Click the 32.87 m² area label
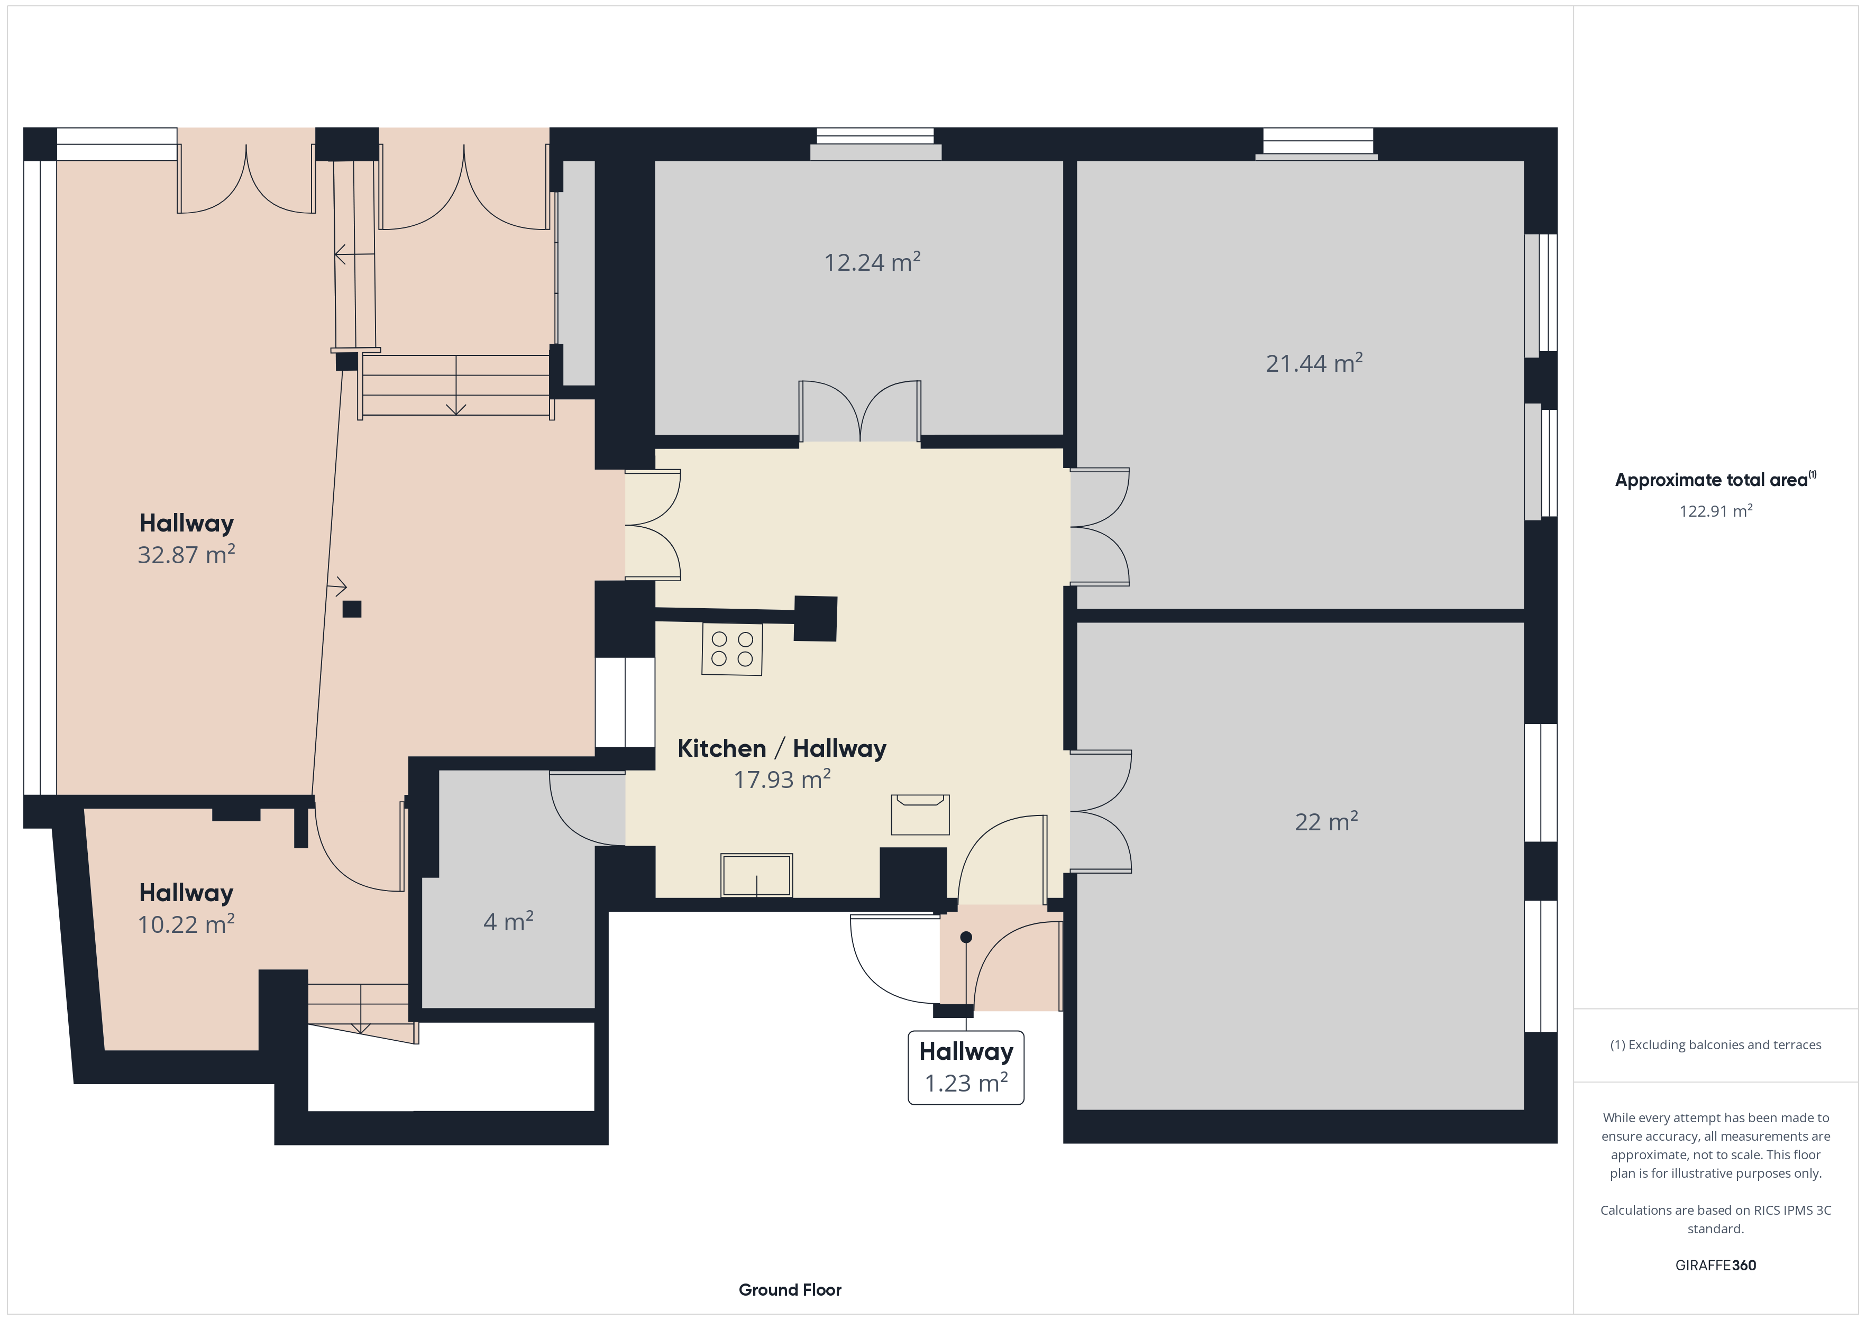pyautogui.click(x=186, y=554)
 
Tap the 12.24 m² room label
pyautogui.click(x=872, y=262)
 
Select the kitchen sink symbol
pyautogui.click(x=757, y=875)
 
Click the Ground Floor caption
pyautogui.click(x=790, y=1289)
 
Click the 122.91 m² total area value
pyautogui.click(x=1716, y=511)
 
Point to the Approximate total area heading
pyautogui.click(x=1715, y=480)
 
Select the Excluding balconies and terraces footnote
pyautogui.click(x=1716, y=1044)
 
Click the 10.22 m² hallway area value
pyautogui.click(x=186, y=924)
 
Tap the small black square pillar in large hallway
pyautogui.click(x=352, y=609)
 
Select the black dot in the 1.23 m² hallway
pyautogui.click(x=966, y=937)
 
